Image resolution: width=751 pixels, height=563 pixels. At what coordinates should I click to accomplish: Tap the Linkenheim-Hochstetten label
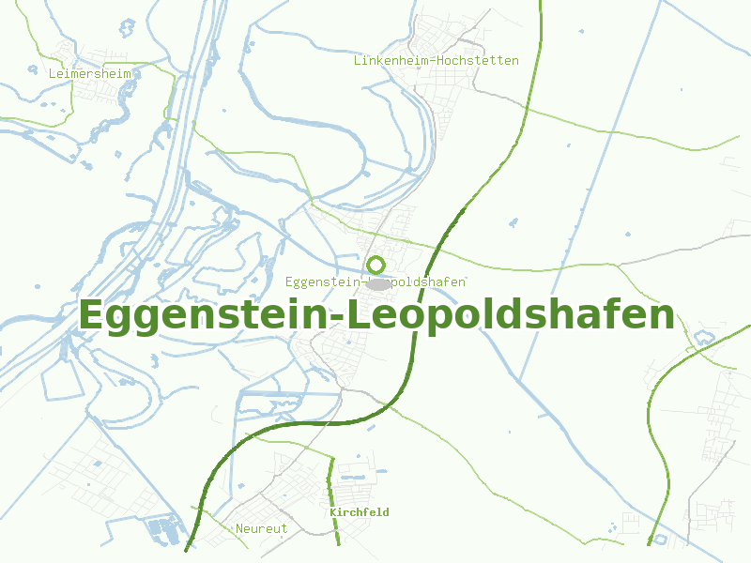436,60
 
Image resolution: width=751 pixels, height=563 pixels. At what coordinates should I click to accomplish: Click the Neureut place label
261,528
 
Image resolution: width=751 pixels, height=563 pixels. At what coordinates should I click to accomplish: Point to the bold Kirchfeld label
359,512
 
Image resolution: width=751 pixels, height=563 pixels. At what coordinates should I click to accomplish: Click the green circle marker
375,265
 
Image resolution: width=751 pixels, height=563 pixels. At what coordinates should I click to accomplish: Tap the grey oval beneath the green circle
378,283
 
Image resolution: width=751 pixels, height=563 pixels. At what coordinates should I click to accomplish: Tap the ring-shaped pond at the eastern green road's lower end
659,540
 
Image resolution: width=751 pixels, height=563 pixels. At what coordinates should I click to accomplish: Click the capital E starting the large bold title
94,314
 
